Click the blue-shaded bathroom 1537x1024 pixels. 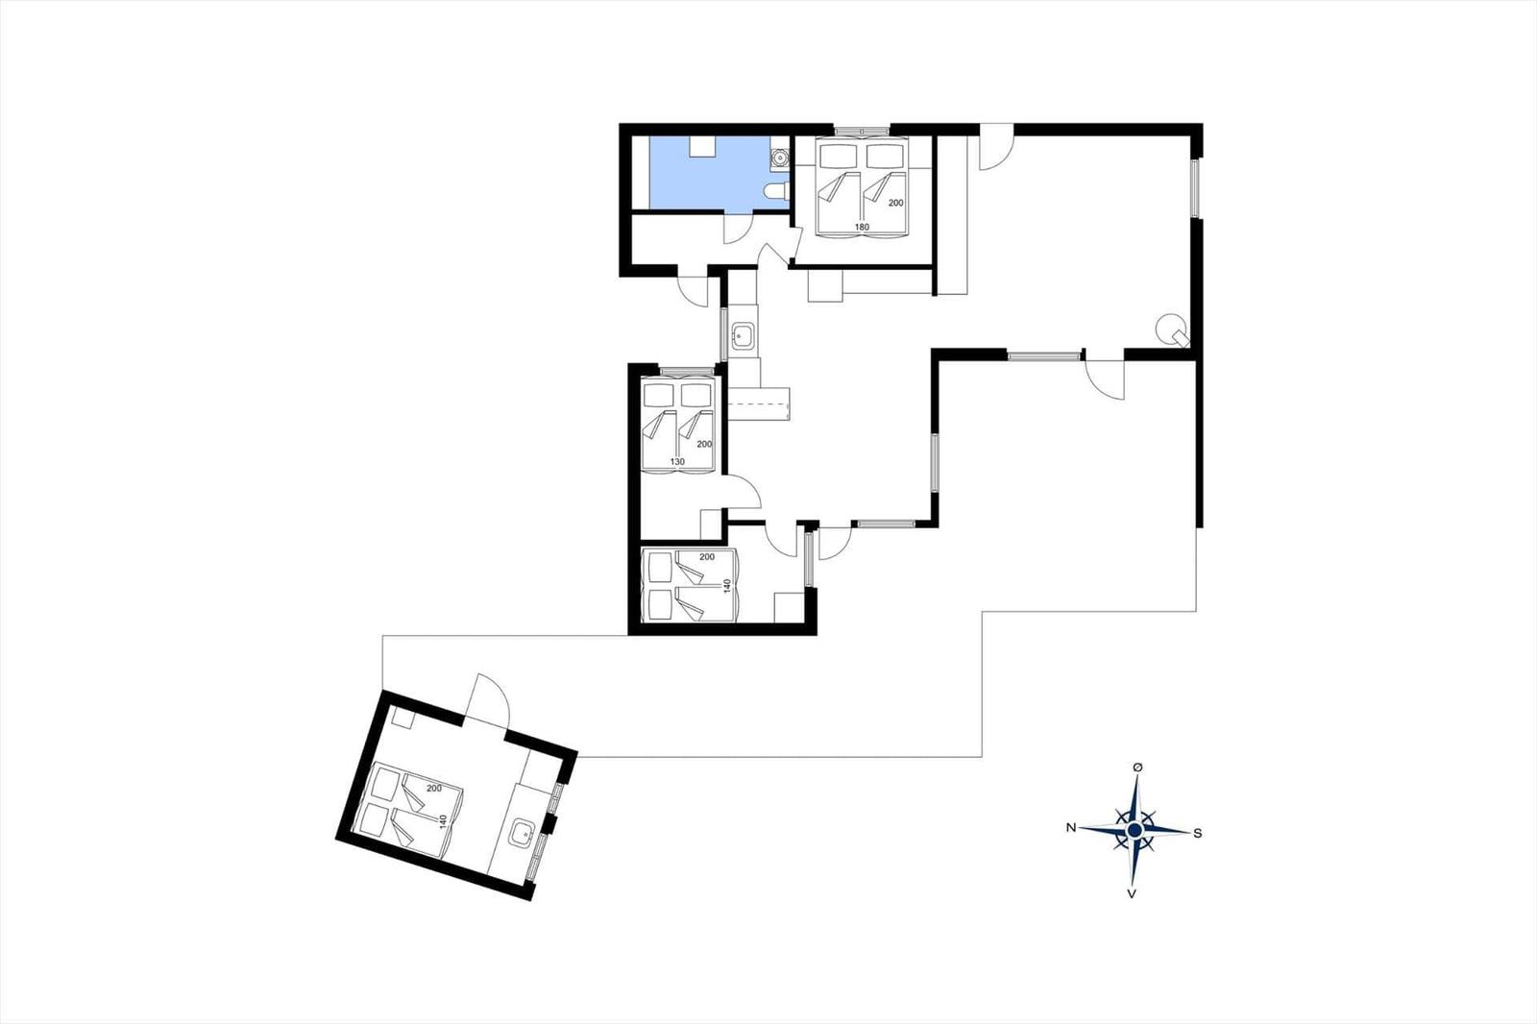coord(707,172)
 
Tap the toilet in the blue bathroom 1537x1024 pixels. coord(777,190)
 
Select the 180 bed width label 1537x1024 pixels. coord(862,227)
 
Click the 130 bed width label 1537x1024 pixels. coord(677,462)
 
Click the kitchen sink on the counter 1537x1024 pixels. coord(744,335)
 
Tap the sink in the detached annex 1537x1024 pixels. coord(523,834)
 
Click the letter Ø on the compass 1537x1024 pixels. coord(1137,767)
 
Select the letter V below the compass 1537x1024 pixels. coord(1131,893)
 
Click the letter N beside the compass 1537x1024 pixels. coord(1070,828)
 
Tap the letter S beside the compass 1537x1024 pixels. coord(1198,833)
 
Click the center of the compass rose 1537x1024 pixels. coord(1134,831)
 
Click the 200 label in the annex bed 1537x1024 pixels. coord(433,789)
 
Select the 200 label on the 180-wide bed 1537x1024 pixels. coord(895,203)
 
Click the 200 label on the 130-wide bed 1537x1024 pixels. coord(704,444)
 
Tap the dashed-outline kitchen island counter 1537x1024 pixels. coord(760,403)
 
